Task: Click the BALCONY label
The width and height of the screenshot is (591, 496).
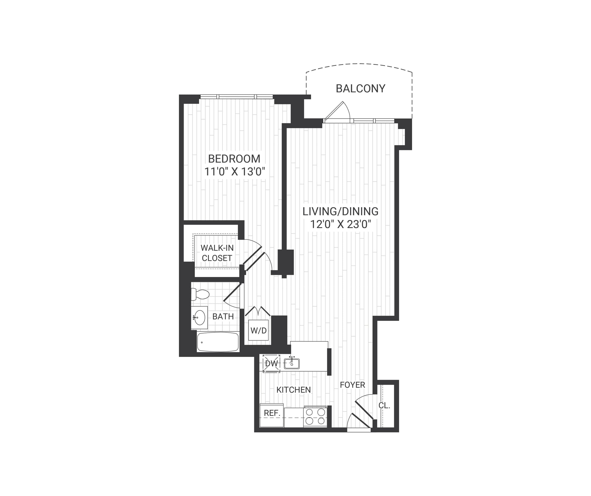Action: click(x=360, y=89)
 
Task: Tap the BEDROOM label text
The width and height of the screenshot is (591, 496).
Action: click(x=234, y=159)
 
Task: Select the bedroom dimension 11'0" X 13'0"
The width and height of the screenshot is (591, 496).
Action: click(x=235, y=172)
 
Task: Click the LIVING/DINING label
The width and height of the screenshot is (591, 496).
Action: click(x=340, y=211)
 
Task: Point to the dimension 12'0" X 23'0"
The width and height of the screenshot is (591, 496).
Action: click(x=340, y=224)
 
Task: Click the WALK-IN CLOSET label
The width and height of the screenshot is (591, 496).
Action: click(x=217, y=253)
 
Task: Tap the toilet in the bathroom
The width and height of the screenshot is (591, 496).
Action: click(x=200, y=294)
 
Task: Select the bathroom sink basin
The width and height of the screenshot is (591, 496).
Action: click(x=200, y=318)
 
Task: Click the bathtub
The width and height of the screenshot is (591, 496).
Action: click(x=218, y=342)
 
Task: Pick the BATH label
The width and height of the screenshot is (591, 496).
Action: click(x=223, y=317)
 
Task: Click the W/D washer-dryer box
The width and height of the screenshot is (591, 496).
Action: click(x=258, y=330)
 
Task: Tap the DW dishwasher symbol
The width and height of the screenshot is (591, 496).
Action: click(x=271, y=364)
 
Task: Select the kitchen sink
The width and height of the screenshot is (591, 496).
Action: click(x=292, y=364)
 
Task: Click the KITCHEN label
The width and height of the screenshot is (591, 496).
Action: click(x=293, y=390)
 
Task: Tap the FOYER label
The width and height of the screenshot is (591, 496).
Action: click(x=352, y=385)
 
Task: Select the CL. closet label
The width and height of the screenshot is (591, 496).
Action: click(x=384, y=405)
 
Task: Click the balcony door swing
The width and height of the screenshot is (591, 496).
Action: click(x=338, y=111)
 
